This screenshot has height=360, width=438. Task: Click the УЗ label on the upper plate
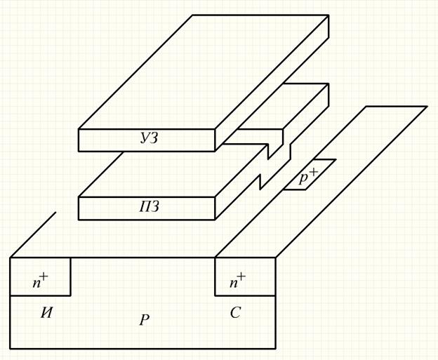(150, 138)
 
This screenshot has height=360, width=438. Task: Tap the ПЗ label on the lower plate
(150, 207)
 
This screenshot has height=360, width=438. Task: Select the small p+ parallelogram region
(310, 175)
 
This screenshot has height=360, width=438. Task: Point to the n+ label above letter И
(41, 281)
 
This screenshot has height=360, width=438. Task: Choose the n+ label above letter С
(238, 281)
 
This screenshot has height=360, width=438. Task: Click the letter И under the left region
(46, 313)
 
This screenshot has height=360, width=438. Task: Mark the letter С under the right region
(235, 313)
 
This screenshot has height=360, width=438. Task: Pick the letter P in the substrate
(145, 320)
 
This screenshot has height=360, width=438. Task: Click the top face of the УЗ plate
(204, 72)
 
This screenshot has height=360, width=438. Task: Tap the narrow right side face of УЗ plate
(272, 84)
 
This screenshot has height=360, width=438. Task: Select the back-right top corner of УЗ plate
(328, 15)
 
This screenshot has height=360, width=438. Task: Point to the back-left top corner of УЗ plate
(193, 15)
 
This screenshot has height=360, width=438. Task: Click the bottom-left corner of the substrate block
(11, 348)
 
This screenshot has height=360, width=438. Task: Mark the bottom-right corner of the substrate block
(275, 348)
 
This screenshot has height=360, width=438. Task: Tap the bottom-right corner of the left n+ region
(70, 295)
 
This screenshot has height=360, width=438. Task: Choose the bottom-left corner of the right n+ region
(215, 295)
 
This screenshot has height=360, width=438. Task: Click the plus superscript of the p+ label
(314, 171)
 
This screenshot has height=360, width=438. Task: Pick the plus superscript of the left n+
(44, 276)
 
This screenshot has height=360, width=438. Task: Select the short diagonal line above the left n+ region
(33, 235)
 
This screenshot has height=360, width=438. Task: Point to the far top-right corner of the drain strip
(427, 107)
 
